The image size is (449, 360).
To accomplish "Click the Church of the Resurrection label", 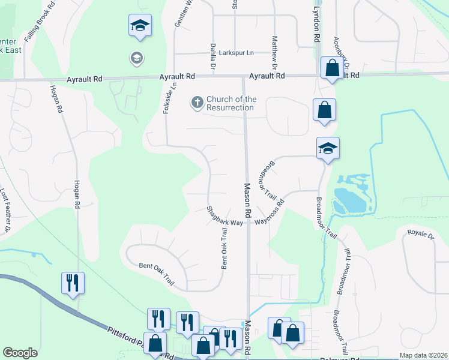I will (231, 103).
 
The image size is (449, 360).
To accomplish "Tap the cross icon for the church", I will (197, 103).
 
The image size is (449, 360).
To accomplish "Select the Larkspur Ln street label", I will (236, 53).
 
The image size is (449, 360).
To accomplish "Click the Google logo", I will (20, 353).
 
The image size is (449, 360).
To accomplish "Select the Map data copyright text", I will (423, 355).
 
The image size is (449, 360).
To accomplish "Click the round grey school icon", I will (136, 58).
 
